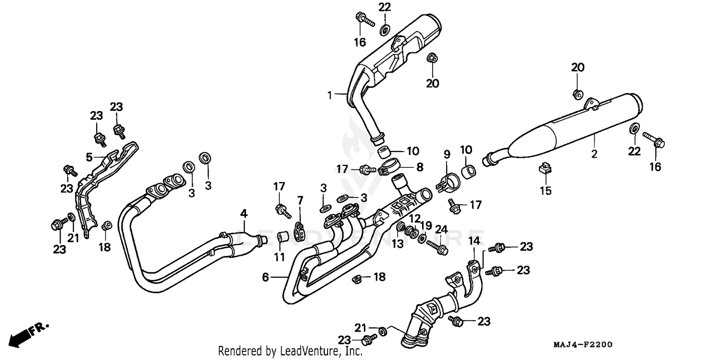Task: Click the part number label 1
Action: (x=330, y=95)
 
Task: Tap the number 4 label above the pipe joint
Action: (x=244, y=212)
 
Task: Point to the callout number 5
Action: (x=89, y=157)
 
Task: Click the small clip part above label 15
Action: (x=544, y=169)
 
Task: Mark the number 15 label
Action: (x=545, y=191)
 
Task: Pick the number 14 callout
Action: (x=474, y=240)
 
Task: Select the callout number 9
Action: (x=447, y=154)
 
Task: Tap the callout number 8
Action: (x=420, y=167)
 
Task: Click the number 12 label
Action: (x=415, y=218)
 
